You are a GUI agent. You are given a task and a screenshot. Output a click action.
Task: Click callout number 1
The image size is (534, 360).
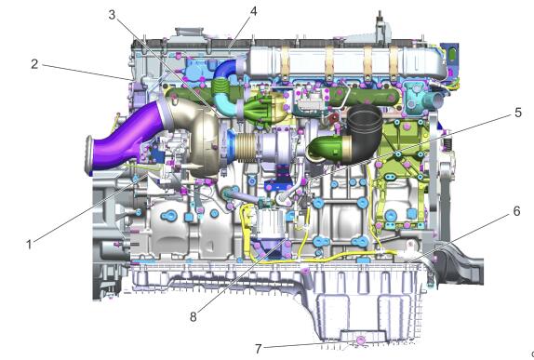tap(29, 244)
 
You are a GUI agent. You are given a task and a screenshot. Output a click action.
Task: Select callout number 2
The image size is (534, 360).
tap(34, 64)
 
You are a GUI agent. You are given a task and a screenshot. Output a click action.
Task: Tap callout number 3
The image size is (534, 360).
tap(112, 15)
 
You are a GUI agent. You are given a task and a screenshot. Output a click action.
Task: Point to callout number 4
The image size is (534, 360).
tap(253, 11)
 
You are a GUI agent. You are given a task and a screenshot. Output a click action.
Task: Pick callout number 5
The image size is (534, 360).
tap(518, 113)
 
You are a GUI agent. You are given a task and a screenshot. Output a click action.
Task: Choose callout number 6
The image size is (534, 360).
tap(516, 211)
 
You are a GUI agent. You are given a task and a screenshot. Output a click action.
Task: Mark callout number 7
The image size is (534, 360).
tap(259, 349)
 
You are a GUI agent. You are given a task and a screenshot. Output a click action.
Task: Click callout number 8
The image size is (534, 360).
tap(194, 317)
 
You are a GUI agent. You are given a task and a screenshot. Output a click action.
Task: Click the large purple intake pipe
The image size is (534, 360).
tap(125, 136)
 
